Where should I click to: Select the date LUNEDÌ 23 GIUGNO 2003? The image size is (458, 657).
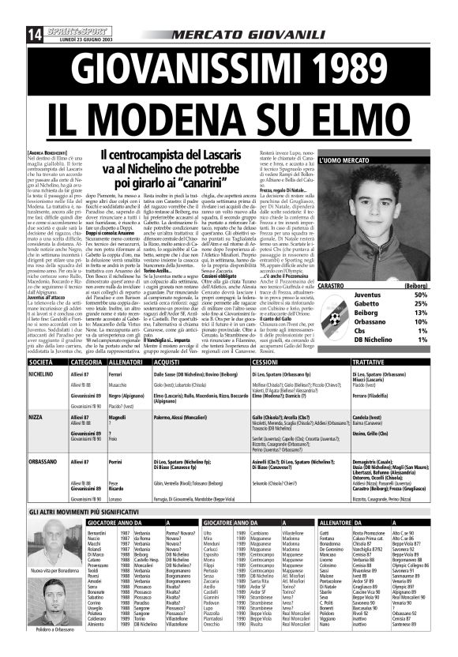80,17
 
